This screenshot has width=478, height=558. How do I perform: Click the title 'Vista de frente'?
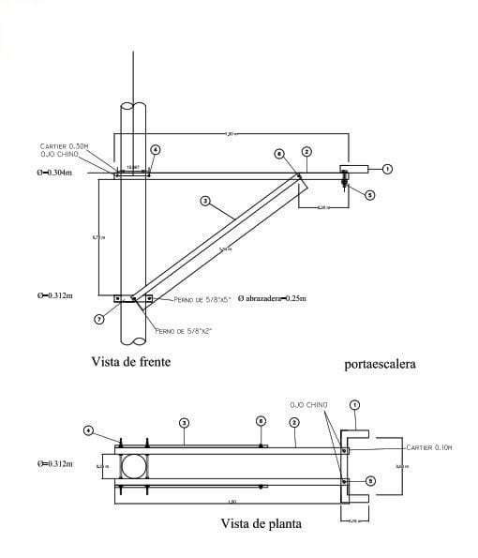tap(130, 360)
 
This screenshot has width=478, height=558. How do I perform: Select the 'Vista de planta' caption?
tap(261, 524)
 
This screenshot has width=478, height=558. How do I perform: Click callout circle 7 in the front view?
tap(99, 320)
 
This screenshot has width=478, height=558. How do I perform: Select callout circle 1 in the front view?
tap(387, 169)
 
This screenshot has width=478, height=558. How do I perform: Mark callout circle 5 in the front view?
tap(369, 196)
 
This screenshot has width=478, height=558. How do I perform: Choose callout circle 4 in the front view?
tap(156, 149)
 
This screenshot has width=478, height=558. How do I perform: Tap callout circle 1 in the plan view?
tap(354, 406)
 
